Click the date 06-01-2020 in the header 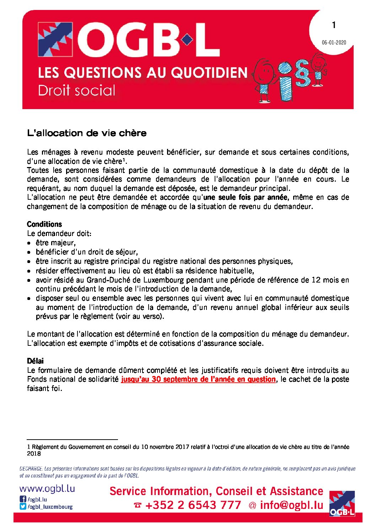tap(334, 43)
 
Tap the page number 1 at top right tap(334, 25)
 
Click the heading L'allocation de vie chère tap(87, 133)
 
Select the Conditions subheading tap(44, 224)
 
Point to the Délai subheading tap(35, 361)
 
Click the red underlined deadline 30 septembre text tap(198, 379)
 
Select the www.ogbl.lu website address tap(47, 489)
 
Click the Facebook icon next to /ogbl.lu tap(23, 499)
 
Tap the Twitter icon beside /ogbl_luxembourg tap(23, 507)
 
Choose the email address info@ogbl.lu tap(291, 505)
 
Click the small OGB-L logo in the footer tap(342, 503)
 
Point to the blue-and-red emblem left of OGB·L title tap(55, 39)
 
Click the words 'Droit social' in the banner tap(77, 90)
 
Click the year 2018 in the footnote tap(34, 454)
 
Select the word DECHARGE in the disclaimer tap(31, 469)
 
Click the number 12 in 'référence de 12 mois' tap(316, 280)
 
